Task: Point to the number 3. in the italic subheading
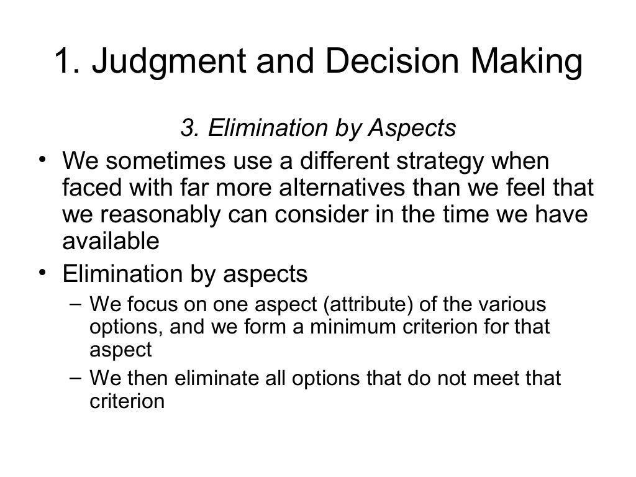(x=189, y=128)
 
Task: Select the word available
(x=111, y=242)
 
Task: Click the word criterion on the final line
(x=127, y=401)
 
